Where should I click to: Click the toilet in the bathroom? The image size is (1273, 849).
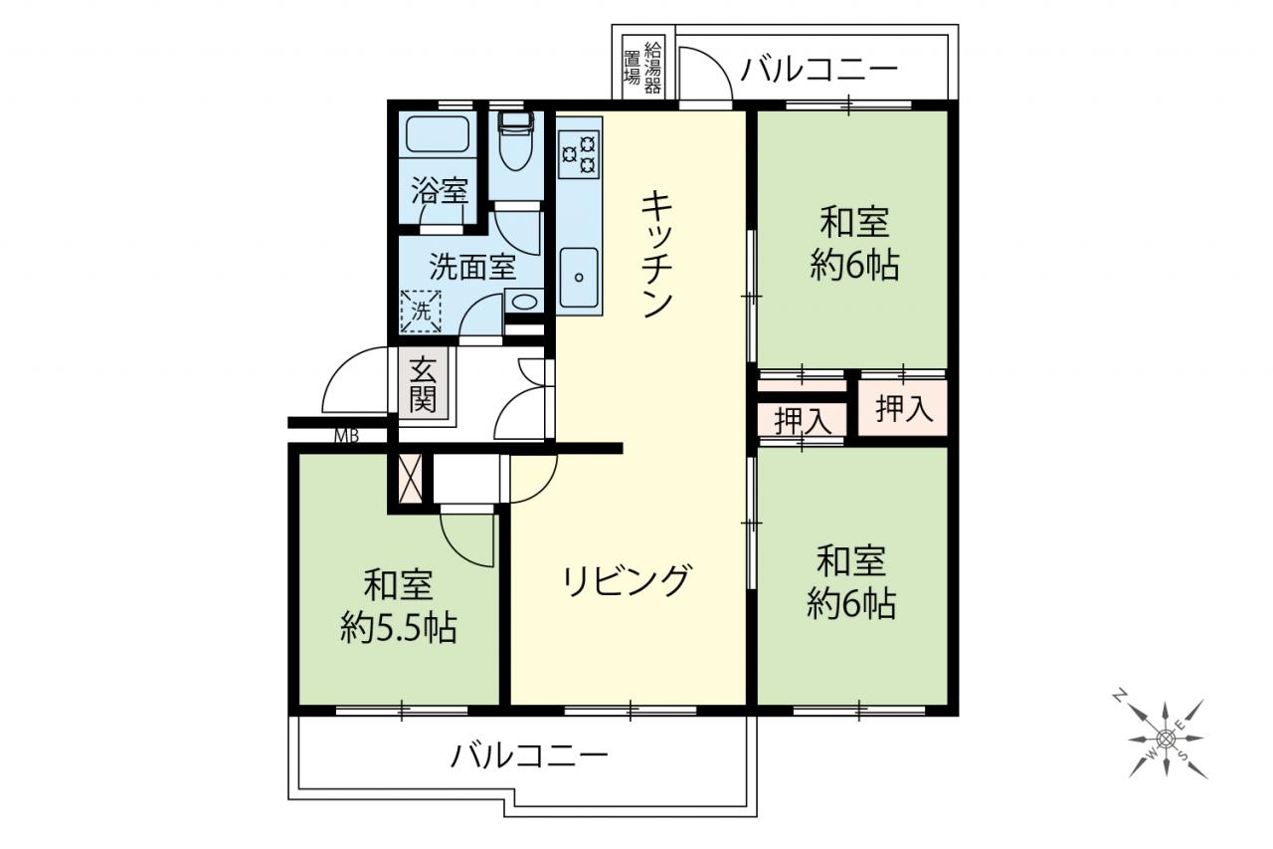(x=515, y=141)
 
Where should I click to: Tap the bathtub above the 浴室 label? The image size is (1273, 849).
(x=438, y=134)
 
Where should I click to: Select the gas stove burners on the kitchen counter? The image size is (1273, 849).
(x=579, y=153)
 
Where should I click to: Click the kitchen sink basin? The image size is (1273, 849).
(x=579, y=277)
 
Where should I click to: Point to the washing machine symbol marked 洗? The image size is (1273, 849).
(x=421, y=311)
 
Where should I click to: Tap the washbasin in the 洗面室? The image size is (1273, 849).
(x=523, y=302)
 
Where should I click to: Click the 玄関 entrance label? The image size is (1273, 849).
(x=424, y=384)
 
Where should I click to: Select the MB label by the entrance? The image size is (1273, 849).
(x=347, y=436)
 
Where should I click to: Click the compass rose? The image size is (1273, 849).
(x=1166, y=739)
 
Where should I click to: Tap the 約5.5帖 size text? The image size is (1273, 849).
(x=399, y=627)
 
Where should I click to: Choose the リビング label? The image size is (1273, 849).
(x=628, y=580)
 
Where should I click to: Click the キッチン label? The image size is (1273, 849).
(x=656, y=254)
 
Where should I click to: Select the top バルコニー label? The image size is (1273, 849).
(x=818, y=70)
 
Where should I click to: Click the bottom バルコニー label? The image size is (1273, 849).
(x=529, y=755)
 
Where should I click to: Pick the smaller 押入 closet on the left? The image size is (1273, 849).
(x=803, y=421)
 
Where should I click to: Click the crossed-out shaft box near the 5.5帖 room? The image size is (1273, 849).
(x=411, y=479)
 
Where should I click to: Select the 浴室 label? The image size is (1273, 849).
(x=441, y=191)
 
